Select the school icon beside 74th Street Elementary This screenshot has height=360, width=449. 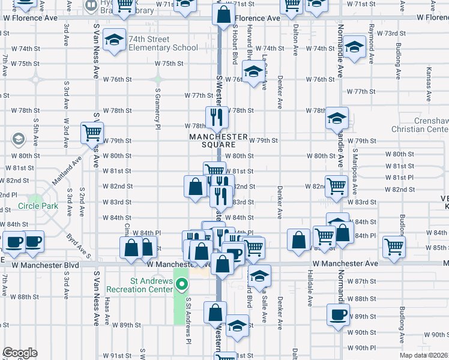click(114, 40)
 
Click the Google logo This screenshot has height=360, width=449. click(19, 353)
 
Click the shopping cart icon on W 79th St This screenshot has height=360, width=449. click(92, 132)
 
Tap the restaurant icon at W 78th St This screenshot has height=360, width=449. click(215, 117)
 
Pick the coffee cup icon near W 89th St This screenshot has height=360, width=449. click(338, 313)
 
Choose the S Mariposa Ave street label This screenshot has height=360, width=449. click(355, 171)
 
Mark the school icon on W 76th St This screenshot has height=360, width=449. click(254, 74)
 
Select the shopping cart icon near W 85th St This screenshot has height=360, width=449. click(394, 245)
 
